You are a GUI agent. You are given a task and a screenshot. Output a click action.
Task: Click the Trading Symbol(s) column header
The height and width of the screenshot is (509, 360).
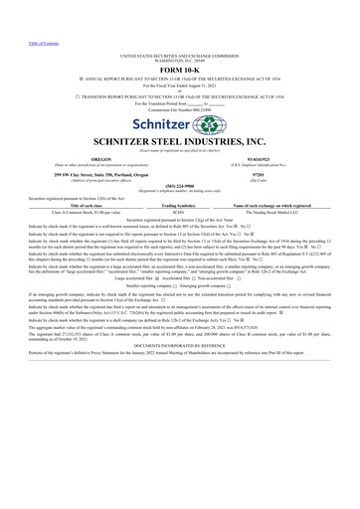point(180,204)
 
